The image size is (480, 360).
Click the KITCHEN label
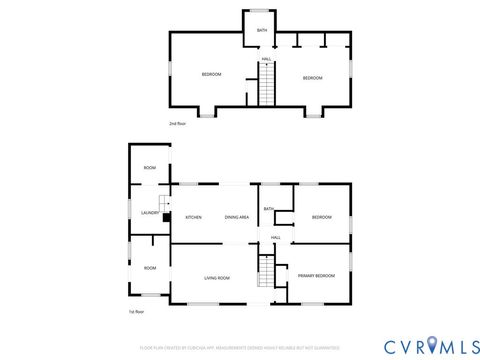[194, 218]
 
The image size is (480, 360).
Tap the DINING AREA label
[237, 218]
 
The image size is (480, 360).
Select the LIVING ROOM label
[217, 278]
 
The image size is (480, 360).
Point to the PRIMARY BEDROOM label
[316, 275]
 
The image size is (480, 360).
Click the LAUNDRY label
[150, 213]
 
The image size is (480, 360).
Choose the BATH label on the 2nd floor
[262, 31]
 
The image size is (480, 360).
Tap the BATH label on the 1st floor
[269, 208]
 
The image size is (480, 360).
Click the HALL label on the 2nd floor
[267, 59]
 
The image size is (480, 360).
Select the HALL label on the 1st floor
[275, 237]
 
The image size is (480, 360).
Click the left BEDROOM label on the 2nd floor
[211, 76]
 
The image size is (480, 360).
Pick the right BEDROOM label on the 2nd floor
[313, 78]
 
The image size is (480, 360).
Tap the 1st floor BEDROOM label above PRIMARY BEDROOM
[321, 217]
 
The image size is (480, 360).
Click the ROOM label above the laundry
[150, 168]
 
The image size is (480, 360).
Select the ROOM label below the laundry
[150, 268]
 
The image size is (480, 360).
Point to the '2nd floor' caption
[177, 123]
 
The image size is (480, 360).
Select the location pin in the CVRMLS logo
[431, 345]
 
